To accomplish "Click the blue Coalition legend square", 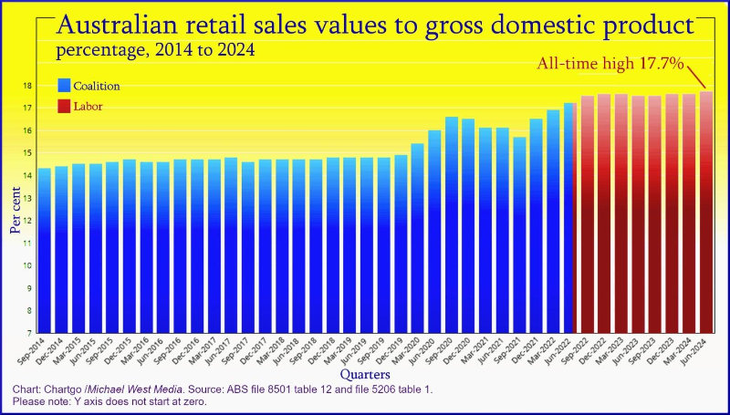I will point(64,86).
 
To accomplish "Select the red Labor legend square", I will point(64,107).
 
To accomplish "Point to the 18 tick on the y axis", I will point(28,86).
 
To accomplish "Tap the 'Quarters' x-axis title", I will point(365,375).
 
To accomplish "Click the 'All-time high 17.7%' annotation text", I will point(604,63).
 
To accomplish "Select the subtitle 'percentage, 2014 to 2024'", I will point(152,50).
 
